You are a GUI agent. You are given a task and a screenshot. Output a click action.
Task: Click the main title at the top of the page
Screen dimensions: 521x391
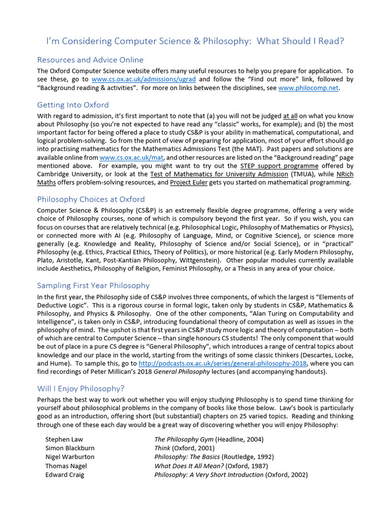click(x=195, y=41)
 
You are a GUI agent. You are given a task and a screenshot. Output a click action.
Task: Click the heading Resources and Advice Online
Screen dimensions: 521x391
click(x=90, y=60)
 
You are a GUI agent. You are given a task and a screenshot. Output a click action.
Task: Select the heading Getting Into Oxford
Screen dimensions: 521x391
click(x=73, y=105)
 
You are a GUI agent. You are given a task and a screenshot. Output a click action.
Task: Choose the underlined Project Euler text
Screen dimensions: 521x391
click(x=188, y=183)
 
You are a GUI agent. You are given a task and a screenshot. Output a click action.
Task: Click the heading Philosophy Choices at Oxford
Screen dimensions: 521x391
click(x=91, y=199)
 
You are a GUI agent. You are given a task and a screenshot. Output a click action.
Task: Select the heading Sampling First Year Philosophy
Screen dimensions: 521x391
click(x=93, y=285)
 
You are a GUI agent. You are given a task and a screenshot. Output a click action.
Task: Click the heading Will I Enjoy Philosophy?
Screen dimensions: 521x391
click(x=80, y=389)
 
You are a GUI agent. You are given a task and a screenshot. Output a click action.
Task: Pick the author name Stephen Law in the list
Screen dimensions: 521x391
click(x=64, y=439)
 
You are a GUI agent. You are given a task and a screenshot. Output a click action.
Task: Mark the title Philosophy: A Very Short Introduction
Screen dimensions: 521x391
click(x=209, y=475)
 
